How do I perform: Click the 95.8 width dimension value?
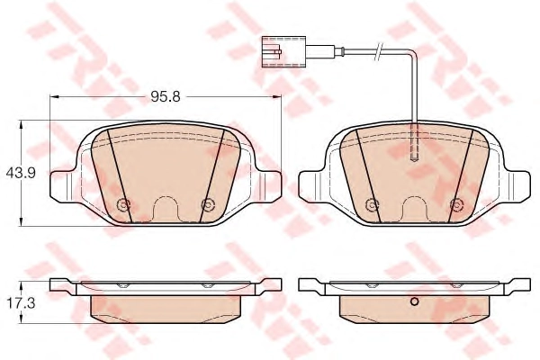[x=166, y=97]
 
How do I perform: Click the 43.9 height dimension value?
[x=21, y=174]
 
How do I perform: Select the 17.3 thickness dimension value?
[x=21, y=304]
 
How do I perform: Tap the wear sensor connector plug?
[x=283, y=51]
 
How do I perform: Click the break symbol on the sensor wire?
[x=379, y=51]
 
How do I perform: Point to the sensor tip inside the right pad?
[x=415, y=157]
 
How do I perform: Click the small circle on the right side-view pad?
[x=415, y=302]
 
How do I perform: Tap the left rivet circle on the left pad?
[x=123, y=205]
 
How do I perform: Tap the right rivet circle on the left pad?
[x=208, y=205]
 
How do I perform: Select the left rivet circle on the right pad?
[x=372, y=205]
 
